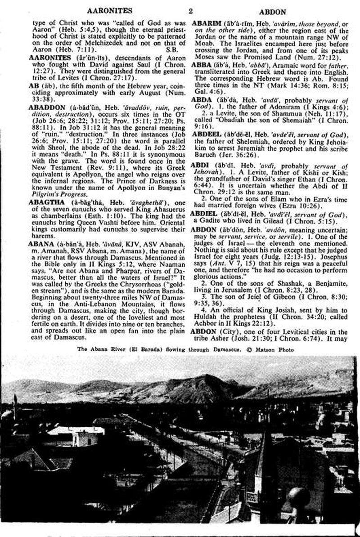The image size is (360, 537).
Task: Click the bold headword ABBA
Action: point(202,64)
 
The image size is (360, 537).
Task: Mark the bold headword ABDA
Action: point(202,99)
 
